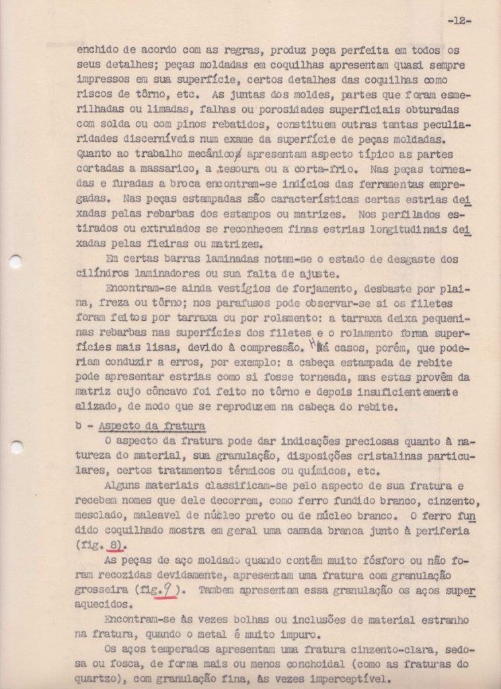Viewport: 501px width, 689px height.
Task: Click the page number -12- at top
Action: click(459, 21)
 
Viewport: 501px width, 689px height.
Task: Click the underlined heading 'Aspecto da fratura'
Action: click(151, 426)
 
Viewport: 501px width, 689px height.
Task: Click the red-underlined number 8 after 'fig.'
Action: click(116, 544)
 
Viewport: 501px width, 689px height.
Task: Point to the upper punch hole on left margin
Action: click(15, 261)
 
